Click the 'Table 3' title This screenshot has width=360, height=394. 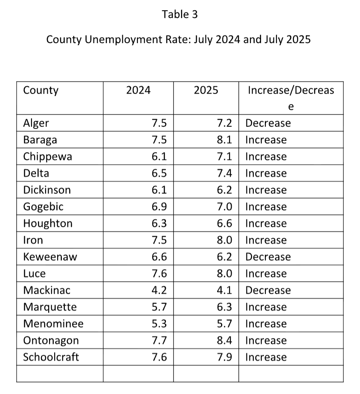point(180,14)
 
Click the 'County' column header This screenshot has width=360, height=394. point(41,90)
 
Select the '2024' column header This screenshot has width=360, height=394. point(138,90)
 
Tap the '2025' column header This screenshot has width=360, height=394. point(206,90)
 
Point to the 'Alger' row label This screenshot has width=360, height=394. point(36,123)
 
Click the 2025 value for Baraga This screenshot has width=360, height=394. point(224,140)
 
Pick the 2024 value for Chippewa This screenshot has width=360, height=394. point(159,156)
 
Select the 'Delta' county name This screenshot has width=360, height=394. point(36,173)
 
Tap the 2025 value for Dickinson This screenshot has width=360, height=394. point(224,190)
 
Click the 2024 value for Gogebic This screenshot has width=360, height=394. point(159,207)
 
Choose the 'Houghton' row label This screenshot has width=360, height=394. point(47,223)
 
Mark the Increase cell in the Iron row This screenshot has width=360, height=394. point(266,240)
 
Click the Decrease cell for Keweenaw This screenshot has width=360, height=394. point(268,257)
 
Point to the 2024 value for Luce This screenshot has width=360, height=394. point(159,273)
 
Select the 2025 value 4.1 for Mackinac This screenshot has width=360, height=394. point(224,290)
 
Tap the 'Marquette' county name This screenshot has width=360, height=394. point(50,307)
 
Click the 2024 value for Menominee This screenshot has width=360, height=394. point(159,324)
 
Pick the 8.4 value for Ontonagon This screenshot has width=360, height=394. point(224,340)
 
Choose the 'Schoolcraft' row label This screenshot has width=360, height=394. point(51,357)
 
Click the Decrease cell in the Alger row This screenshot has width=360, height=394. point(268,123)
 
